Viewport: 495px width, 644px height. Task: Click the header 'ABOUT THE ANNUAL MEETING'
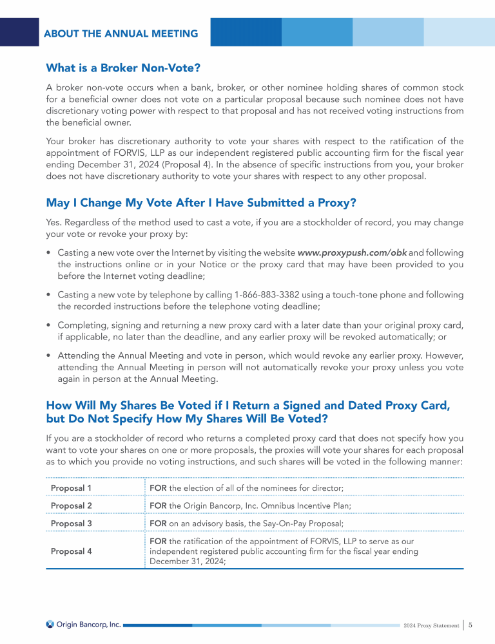tap(121, 33)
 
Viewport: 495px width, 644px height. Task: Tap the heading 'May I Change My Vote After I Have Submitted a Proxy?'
tap(201, 203)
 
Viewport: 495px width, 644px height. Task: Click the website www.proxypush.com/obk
tap(352, 252)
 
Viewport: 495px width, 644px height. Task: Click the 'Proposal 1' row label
tap(71, 488)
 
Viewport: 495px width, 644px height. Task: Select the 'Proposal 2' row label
tap(71, 506)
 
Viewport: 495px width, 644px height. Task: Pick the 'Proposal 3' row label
tap(71, 524)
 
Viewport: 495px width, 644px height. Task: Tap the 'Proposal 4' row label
tap(71, 551)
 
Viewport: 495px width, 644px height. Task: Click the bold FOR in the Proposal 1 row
tap(158, 488)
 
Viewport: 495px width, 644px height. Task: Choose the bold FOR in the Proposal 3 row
tap(158, 524)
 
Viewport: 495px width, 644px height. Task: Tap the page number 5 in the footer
tap(471, 625)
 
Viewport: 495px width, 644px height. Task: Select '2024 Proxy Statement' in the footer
tap(430, 625)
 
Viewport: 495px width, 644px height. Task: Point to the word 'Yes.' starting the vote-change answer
tap(54, 223)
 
